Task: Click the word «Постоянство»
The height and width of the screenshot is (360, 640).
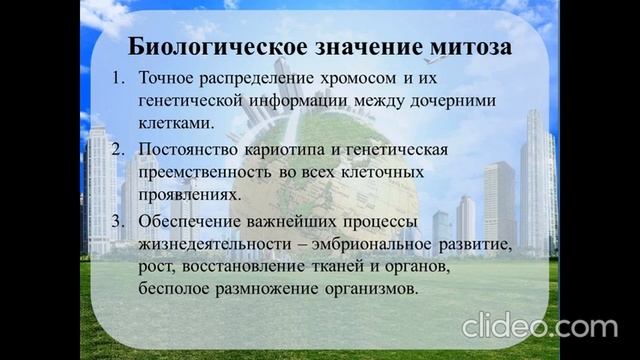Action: [191, 149]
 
